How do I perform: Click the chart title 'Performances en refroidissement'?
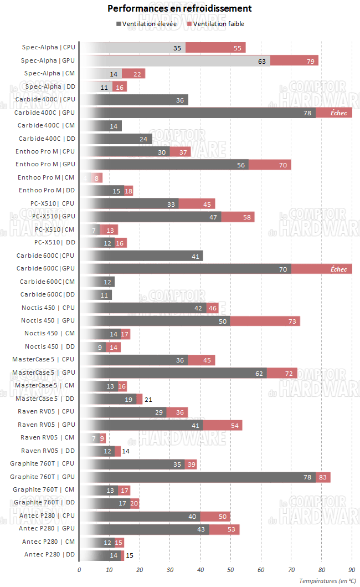179,8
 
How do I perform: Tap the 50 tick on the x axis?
230,569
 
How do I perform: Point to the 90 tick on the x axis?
351,569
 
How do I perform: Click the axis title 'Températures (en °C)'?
327,580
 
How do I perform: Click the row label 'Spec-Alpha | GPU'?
48,60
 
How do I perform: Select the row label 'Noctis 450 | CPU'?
48,308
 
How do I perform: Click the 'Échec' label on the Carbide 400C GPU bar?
338,113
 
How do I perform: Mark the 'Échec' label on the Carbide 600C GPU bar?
338,269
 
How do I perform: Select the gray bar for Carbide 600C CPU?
141,256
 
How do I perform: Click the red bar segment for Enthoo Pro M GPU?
270,165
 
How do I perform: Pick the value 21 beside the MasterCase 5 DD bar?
148,399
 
